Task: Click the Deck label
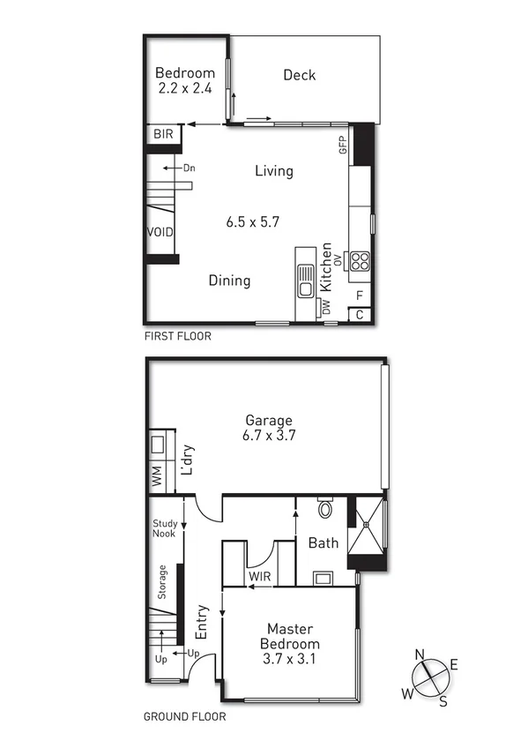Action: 299,75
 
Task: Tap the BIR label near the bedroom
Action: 162,134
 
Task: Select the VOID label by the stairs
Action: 160,232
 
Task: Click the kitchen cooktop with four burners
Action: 360,260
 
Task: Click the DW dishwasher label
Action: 326,307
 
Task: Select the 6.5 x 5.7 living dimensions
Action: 253,222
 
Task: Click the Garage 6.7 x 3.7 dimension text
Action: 268,436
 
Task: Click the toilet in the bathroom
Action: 324,509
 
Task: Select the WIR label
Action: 259,577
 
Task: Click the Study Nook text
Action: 165,528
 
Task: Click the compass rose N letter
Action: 421,654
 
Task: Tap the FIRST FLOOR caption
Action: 177,336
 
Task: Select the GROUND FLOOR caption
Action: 184,717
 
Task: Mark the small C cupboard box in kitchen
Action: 359,314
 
